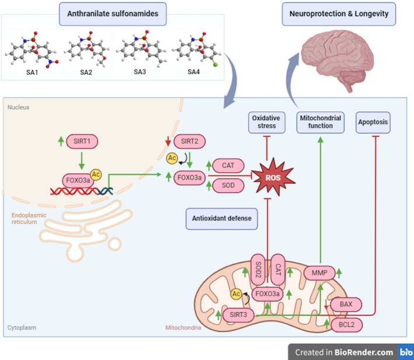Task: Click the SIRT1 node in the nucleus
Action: tap(82, 141)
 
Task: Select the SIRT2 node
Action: tap(189, 141)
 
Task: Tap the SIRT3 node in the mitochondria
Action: tap(238, 314)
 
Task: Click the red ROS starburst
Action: tap(273, 177)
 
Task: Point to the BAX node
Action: tap(346, 305)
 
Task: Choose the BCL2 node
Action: tap(346, 324)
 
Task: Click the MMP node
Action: tap(319, 272)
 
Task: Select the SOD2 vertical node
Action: tap(258, 270)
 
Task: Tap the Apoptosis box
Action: tap(373, 123)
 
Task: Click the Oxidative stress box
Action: tap(267, 123)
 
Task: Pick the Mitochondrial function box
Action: tap(320, 123)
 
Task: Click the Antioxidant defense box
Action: tap(222, 219)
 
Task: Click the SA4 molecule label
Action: tap(193, 72)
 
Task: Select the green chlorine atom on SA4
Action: tap(215, 64)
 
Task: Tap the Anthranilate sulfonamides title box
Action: tap(113, 14)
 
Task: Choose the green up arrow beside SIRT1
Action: tap(61, 141)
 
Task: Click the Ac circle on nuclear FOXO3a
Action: tap(96, 174)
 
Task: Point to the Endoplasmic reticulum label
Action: tap(29, 219)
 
